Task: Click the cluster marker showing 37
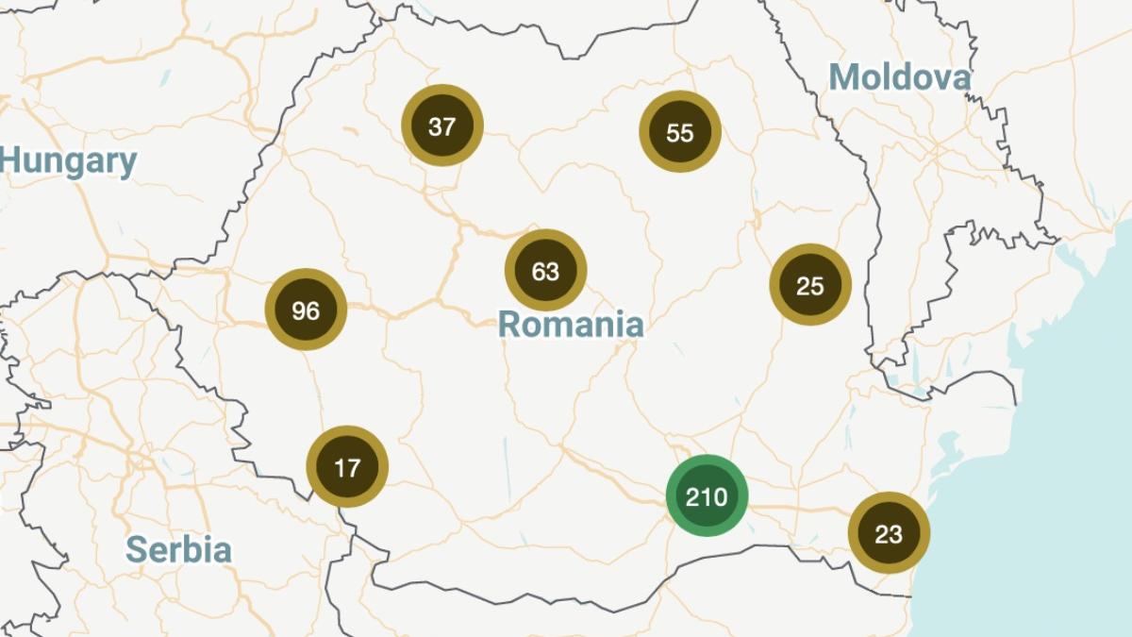442,126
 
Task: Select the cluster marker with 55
680,132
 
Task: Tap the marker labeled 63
546,271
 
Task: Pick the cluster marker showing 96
306,310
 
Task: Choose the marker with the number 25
810,285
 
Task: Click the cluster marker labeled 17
347,467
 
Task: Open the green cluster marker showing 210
707,495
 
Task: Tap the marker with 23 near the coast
889,533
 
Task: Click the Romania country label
571,325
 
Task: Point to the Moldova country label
899,77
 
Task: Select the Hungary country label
68,162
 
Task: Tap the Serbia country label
178,549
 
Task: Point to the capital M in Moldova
843,77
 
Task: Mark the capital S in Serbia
136,549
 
